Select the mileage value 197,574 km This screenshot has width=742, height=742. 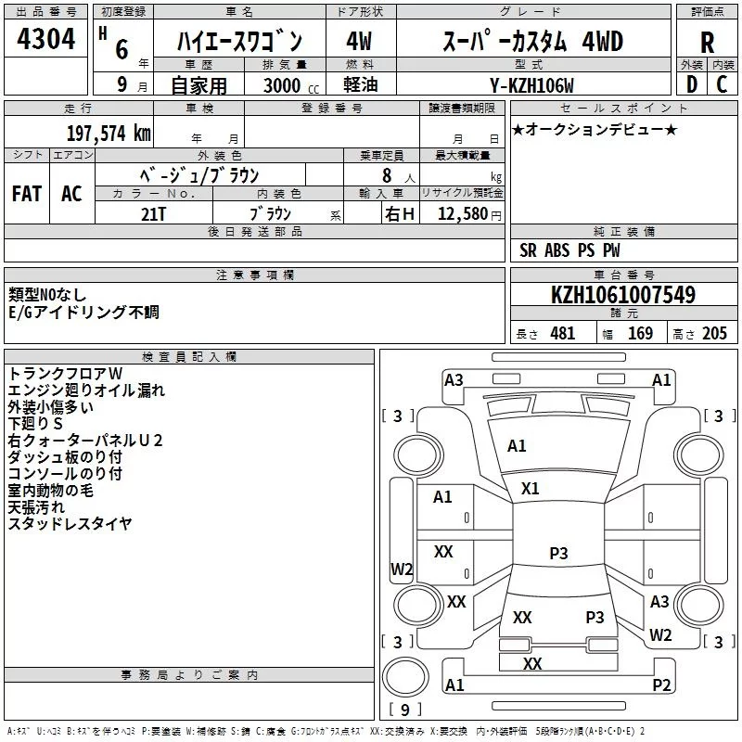point(109,133)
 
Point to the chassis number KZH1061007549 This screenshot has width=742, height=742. point(622,295)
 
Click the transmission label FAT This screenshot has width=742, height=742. point(27,194)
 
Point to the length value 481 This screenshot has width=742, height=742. point(561,334)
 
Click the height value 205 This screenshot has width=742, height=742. point(713,334)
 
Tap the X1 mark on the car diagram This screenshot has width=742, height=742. point(531,488)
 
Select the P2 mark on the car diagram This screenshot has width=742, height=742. point(661,685)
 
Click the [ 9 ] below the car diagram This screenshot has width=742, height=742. point(404,710)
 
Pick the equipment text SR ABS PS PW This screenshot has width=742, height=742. point(569,250)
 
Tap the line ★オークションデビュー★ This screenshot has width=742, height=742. point(594,129)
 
